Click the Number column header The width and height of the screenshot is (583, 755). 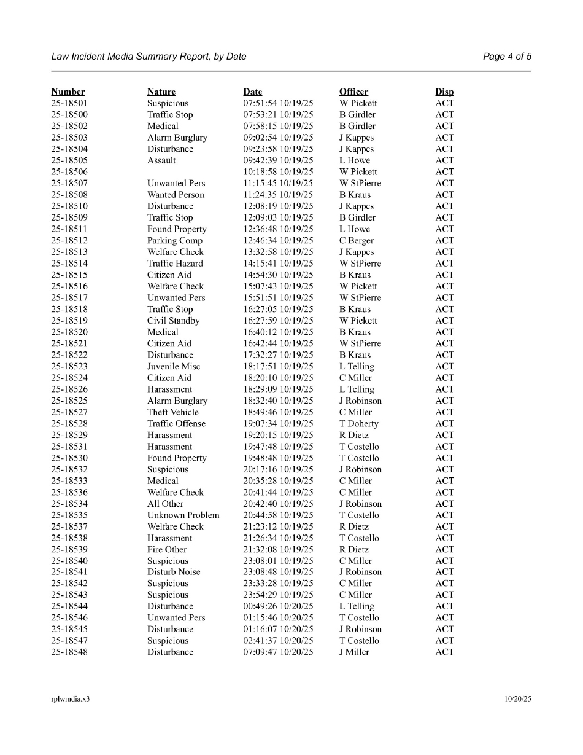[68, 92]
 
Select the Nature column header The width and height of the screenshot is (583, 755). [161, 92]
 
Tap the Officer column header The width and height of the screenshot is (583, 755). [354, 92]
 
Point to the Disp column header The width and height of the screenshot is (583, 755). [445, 92]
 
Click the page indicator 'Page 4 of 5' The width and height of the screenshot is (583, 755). [507, 57]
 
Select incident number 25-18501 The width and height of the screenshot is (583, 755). [69, 103]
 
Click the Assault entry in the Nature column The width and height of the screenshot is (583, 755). [161, 160]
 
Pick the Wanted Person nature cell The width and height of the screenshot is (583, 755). [176, 195]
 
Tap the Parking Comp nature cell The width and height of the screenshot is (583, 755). [175, 241]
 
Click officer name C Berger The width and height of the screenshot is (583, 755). [357, 241]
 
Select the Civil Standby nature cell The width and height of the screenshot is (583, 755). [174, 321]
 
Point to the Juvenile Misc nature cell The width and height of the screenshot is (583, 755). [174, 366]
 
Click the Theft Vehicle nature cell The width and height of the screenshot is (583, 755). [173, 412]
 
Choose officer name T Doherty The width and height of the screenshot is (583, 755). [359, 424]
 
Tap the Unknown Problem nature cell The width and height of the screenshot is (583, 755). [183, 515]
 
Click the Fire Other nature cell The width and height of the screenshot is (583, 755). [167, 550]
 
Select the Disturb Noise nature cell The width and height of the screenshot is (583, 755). [174, 572]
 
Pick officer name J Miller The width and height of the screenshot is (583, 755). [355, 652]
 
